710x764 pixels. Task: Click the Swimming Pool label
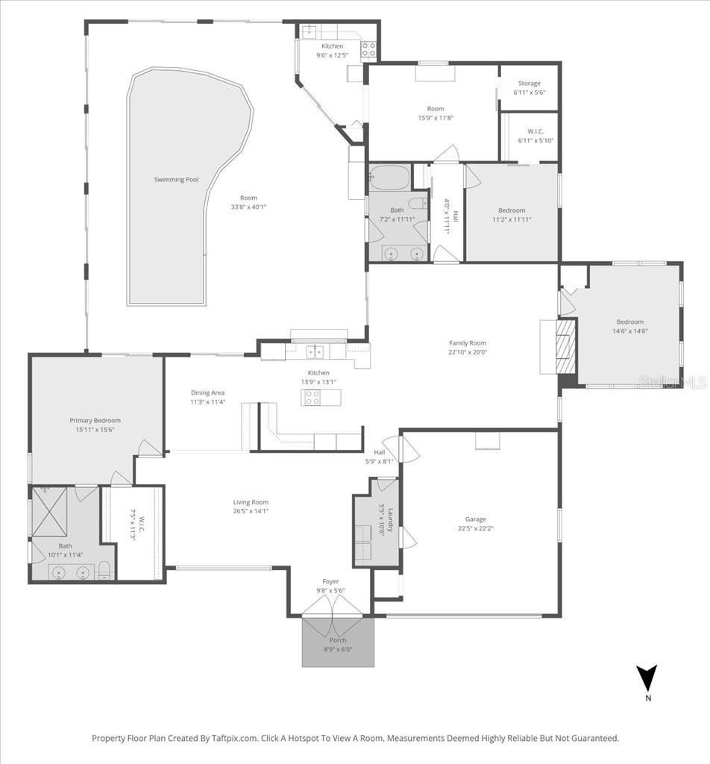[x=176, y=180]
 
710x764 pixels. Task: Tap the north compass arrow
[x=647, y=677]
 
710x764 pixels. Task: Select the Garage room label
[x=476, y=519]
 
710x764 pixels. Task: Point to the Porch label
[x=338, y=640]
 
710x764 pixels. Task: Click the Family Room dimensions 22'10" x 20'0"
[x=468, y=353]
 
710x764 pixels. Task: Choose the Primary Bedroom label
[x=95, y=420]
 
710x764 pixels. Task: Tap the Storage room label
[x=530, y=84]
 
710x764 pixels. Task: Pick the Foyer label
[x=330, y=581]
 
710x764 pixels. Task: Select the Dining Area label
[x=207, y=392]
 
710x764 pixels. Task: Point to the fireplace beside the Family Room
[x=567, y=345]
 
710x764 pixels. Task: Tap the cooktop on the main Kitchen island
[x=312, y=398]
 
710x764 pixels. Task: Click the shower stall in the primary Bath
[x=49, y=511]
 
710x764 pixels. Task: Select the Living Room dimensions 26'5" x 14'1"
[x=251, y=511]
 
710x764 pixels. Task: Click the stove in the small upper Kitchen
[x=368, y=49]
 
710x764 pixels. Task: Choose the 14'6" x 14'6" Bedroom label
[x=629, y=331]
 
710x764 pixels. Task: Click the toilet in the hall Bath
[x=417, y=203]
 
